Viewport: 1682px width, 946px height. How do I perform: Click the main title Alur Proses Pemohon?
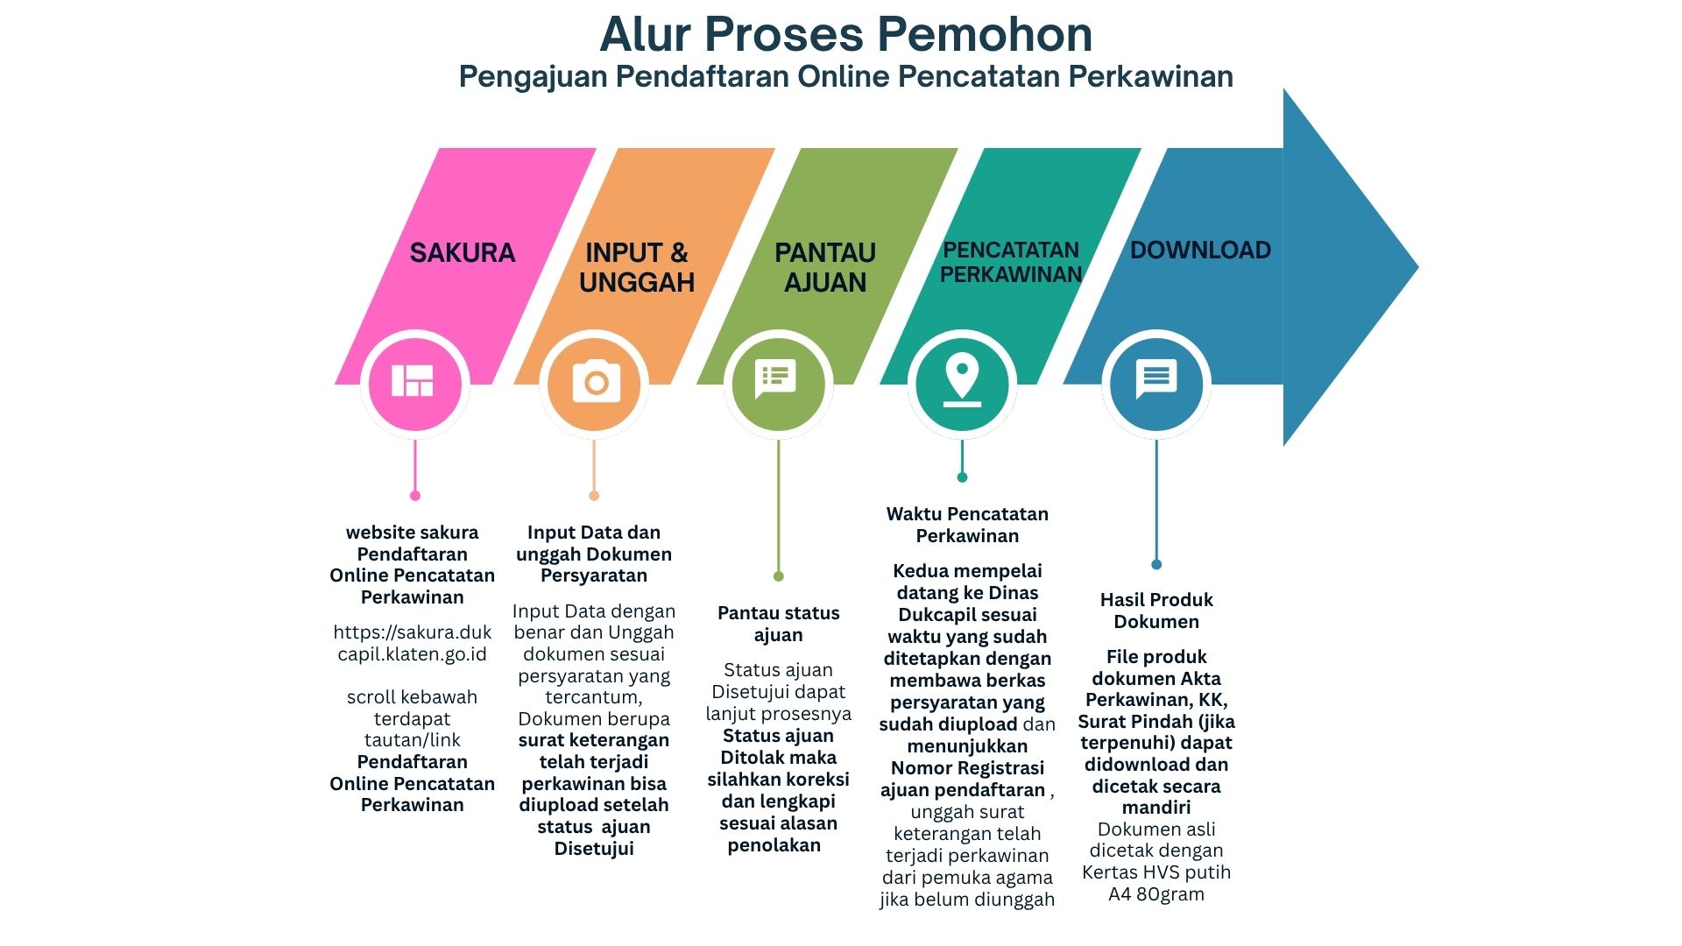click(845, 35)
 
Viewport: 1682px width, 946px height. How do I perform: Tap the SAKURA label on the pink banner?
click(463, 253)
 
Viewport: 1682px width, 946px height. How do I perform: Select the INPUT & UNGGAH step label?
click(637, 267)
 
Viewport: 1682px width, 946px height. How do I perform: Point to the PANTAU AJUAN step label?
click(825, 267)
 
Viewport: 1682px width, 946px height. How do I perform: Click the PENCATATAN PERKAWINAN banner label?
click(1011, 262)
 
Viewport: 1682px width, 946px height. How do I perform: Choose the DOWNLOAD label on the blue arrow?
click(1200, 251)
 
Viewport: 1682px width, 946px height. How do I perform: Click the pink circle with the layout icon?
click(414, 382)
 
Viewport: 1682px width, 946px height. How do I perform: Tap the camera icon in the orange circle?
click(596, 382)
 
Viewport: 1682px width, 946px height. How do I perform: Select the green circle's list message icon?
click(777, 379)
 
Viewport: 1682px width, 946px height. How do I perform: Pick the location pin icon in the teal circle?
click(962, 380)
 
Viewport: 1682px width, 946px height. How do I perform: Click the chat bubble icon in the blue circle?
click(1156, 379)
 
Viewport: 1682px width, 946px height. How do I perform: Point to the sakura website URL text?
click(412, 643)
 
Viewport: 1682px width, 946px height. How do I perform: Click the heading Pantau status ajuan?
click(778, 624)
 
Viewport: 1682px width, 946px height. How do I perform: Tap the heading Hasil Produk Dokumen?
click(1156, 611)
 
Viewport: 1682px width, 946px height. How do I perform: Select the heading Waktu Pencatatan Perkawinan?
click(967, 525)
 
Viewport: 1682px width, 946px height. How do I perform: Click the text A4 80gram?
click(1156, 894)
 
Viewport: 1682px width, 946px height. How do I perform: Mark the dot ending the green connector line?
click(778, 576)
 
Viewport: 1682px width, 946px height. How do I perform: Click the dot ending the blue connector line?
click(1156, 565)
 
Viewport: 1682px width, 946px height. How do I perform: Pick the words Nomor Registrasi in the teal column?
click(967, 768)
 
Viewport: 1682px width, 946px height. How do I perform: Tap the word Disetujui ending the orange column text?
click(594, 849)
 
